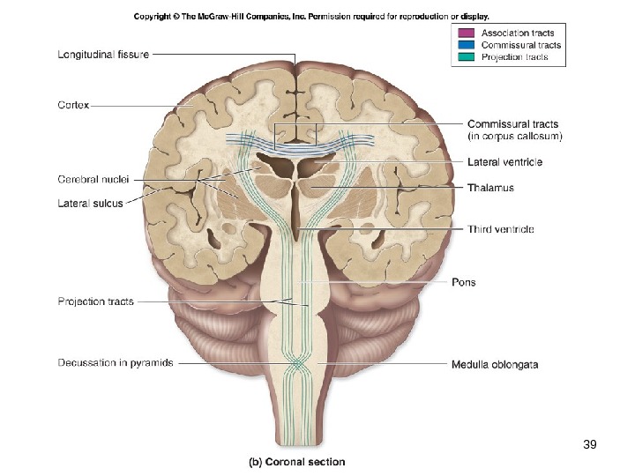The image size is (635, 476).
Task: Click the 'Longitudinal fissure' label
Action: click(x=103, y=54)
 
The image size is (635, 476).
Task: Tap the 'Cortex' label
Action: click(x=73, y=104)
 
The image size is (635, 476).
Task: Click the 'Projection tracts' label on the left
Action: click(x=96, y=301)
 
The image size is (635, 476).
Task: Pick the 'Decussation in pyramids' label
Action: click(x=116, y=362)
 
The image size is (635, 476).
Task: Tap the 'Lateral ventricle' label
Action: click(x=504, y=162)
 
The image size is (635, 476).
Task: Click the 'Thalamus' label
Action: click(x=490, y=188)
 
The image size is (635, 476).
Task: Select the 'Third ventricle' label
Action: click(x=500, y=229)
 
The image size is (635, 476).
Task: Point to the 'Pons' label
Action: click(x=463, y=283)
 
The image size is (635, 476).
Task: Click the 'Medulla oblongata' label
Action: click(x=495, y=363)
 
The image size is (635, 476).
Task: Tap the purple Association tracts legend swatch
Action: click(x=464, y=33)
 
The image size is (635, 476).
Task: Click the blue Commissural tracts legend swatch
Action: click(x=464, y=45)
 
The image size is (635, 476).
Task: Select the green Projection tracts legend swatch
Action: click(x=464, y=57)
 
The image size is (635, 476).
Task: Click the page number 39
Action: click(x=590, y=445)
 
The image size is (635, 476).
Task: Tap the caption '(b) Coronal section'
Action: click(x=295, y=462)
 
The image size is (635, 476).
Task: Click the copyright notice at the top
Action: click(x=311, y=16)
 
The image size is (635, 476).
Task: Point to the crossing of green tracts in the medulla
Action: click(x=299, y=363)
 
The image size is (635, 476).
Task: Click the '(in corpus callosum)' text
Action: click(x=515, y=137)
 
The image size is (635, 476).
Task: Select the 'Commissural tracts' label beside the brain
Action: click(x=512, y=124)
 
